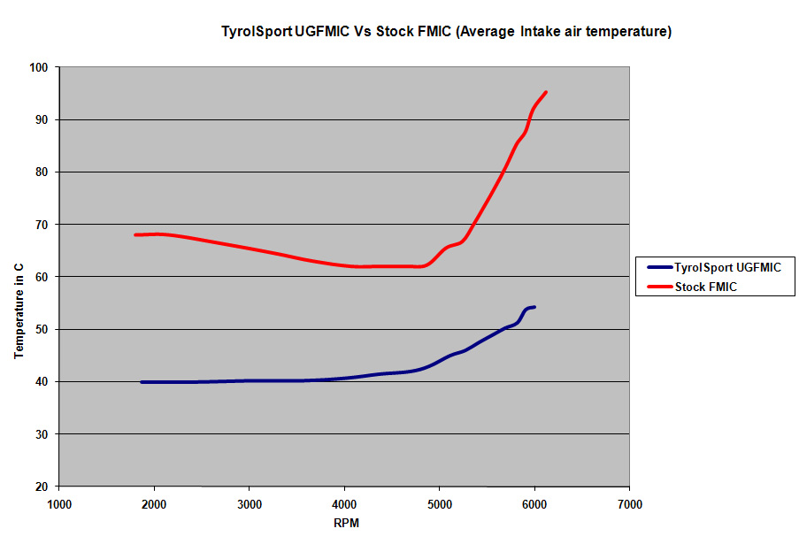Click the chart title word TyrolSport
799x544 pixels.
click(x=256, y=33)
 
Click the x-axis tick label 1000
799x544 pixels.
click(x=59, y=504)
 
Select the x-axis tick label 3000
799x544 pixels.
click(x=250, y=504)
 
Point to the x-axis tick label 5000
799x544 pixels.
click(x=440, y=504)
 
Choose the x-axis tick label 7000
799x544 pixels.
click(x=629, y=504)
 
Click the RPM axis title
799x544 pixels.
click(x=346, y=523)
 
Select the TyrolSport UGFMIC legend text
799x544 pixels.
click(x=727, y=267)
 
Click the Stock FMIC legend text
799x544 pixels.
click(x=706, y=287)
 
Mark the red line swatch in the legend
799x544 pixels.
click(x=659, y=287)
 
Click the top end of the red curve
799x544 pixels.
click(x=546, y=92)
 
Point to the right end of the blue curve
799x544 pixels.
click(x=534, y=307)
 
